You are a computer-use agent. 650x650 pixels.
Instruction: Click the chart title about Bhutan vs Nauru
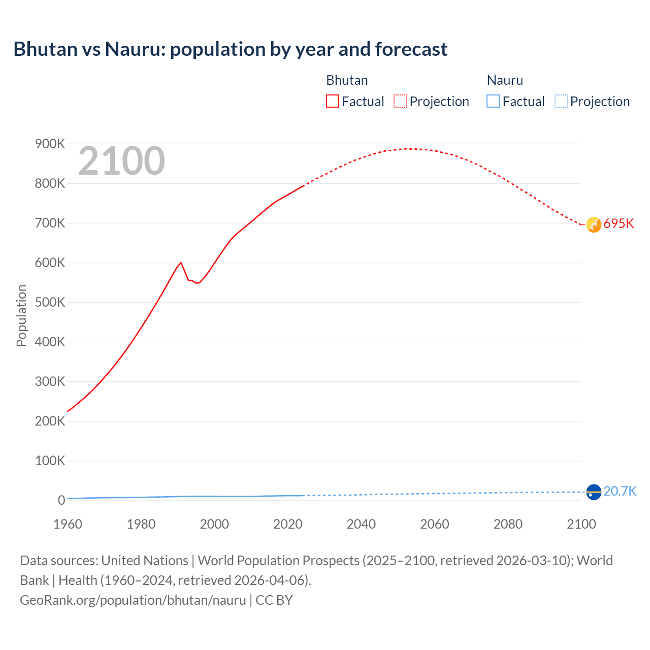tap(230, 49)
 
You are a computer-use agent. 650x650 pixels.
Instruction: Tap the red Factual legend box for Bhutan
tap(332, 101)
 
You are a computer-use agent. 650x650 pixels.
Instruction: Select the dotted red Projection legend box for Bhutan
tap(400, 101)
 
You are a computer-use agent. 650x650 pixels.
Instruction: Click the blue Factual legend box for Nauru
tap(493, 101)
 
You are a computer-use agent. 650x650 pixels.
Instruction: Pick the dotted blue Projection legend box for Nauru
tap(561, 101)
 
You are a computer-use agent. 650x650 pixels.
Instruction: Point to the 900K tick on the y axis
tap(50, 144)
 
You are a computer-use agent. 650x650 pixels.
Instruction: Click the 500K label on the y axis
tap(50, 303)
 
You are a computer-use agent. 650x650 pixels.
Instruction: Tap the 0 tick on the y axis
tap(61, 500)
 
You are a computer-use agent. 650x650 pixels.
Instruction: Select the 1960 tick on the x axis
tap(68, 524)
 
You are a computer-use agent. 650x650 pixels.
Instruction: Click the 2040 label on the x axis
tap(361, 524)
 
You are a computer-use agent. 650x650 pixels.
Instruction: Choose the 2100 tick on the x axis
tap(581, 524)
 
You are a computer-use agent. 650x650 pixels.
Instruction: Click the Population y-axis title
tap(21, 315)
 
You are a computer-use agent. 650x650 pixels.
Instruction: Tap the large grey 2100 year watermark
tap(121, 161)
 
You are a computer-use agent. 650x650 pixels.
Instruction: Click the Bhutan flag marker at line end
tap(594, 224)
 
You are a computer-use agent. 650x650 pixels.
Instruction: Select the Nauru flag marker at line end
tap(594, 492)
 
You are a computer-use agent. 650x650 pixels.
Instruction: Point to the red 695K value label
tap(619, 224)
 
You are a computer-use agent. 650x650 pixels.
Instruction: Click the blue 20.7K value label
tap(620, 491)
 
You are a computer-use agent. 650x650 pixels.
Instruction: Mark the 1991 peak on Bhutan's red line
tap(181, 263)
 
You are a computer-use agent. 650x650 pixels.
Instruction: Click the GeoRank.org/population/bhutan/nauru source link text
tap(133, 600)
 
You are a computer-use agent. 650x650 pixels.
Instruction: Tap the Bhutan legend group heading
tap(347, 80)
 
